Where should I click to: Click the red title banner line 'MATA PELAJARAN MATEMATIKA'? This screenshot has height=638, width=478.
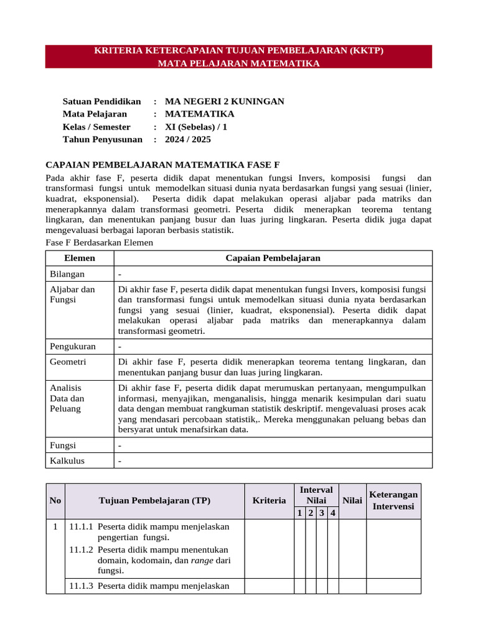pos(239,64)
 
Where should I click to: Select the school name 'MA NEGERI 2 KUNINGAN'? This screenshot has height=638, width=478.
pos(224,102)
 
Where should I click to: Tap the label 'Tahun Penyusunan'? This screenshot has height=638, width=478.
pos(102,140)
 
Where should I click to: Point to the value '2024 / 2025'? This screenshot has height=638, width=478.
pos(187,140)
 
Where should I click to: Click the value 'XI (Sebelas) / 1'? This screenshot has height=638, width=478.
pos(196,127)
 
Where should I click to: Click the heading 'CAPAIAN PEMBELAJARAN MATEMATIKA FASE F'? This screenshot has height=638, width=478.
pos(163,165)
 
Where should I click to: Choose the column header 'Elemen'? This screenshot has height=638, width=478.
pos(80,259)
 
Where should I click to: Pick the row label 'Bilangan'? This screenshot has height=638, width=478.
pos(67,274)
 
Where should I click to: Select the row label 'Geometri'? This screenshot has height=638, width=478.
pos(68,362)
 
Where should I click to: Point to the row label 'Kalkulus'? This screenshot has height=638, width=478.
pos(67,461)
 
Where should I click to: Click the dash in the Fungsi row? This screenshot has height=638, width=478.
pos(119,446)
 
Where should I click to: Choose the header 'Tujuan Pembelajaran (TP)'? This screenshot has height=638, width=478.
pos(154,500)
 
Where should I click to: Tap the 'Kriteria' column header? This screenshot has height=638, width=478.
pos(269,500)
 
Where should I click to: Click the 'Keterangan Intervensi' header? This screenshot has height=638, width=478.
pos(393,500)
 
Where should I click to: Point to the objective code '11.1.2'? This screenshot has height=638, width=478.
pos(81,550)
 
